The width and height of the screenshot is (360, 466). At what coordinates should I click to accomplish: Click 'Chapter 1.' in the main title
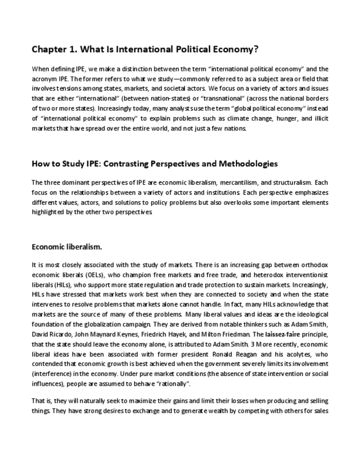(54, 49)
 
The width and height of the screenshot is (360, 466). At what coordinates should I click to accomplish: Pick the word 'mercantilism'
(235, 182)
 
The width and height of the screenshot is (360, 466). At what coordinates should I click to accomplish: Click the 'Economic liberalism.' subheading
(67, 247)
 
